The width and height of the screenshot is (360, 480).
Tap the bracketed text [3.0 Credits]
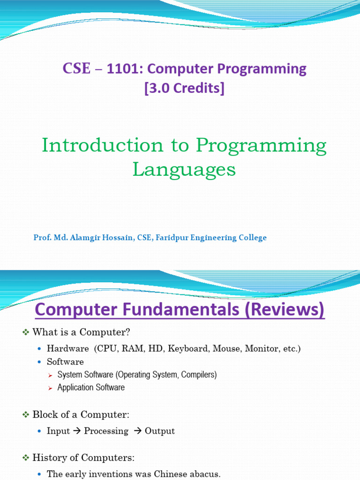[x=184, y=88]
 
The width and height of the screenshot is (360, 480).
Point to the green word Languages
[x=184, y=170]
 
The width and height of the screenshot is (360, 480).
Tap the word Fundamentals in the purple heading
[x=184, y=310]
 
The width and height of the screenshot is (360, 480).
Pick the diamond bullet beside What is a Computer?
[x=26, y=332]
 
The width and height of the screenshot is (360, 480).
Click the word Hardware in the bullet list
[x=68, y=349]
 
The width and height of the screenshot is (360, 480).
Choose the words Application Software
[x=91, y=388]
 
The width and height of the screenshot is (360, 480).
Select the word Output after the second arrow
[x=160, y=431]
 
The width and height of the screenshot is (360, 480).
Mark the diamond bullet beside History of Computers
[x=26, y=457]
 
